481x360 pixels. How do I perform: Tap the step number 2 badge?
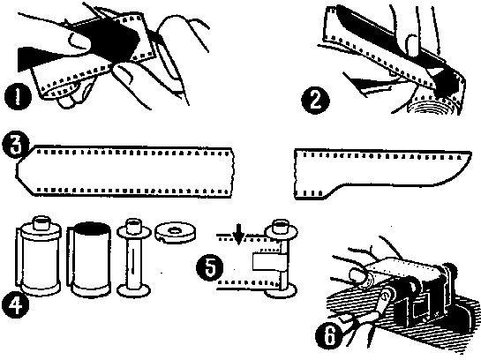click(315, 100)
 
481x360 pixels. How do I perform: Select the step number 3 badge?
click(16, 145)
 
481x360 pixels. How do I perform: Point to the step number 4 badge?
click(16, 305)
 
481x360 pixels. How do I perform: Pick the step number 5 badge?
click(210, 267)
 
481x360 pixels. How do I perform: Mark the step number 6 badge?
click(329, 336)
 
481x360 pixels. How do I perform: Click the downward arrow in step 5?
click(239, 235)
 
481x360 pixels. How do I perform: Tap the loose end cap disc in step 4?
click(175, 232)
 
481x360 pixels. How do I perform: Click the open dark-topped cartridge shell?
click(88, 259)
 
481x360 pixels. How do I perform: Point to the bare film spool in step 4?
click(133, 257)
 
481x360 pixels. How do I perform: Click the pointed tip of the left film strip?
click(16, 171)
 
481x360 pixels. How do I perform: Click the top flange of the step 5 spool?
click(281, 230)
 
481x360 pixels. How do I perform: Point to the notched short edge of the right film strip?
click(296, 174)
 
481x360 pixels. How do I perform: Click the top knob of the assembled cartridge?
click(41, 222)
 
